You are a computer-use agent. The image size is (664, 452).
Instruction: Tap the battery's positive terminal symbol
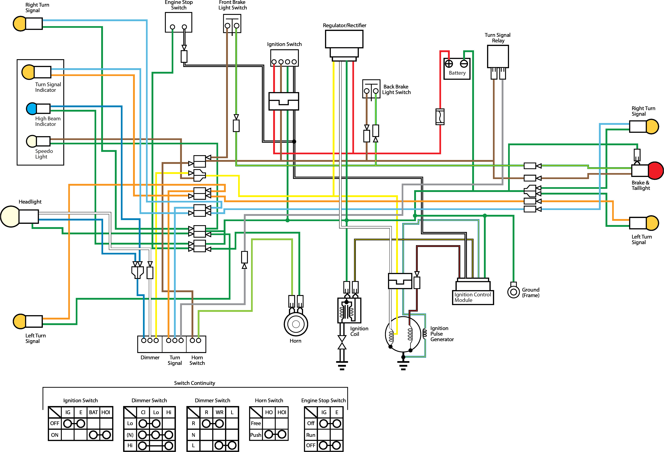tap(449, 63)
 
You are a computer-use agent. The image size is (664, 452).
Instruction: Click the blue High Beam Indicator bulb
tap(31, 108)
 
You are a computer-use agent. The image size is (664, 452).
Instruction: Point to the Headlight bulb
tap(10, 216)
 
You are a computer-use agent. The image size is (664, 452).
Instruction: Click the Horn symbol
tap(296, 324)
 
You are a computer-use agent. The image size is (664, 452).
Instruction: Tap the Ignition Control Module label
tap(473, 297)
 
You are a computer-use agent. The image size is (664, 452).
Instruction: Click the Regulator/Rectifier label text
tap(344, 25)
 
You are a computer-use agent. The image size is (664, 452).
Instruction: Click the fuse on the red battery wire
tap(440, 117)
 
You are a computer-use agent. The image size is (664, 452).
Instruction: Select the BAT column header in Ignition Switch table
tap(93, 412)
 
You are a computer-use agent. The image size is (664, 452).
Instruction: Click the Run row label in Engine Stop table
tap(311, 435)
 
